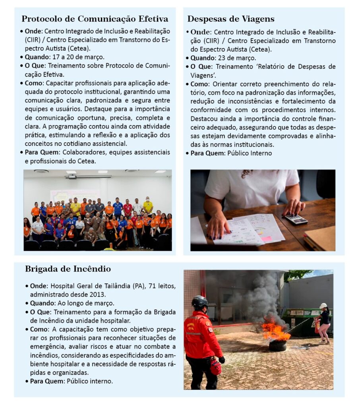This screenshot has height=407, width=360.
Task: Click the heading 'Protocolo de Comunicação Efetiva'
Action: click(x=95, y=19)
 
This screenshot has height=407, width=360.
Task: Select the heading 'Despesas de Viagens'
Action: click(x=230, y=19)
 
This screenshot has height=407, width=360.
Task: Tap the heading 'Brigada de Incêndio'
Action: click(x=68, y=269)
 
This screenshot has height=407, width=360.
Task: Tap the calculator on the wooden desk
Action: click(x=295, y=219)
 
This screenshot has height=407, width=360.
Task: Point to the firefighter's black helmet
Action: click(x=199, y=301)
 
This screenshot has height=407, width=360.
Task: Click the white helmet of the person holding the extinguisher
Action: click(x=323, y=306)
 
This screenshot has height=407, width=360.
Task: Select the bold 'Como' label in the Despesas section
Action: click(x=199, y=84)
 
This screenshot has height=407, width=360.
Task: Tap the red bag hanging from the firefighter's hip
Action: click(x=215, y=366)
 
